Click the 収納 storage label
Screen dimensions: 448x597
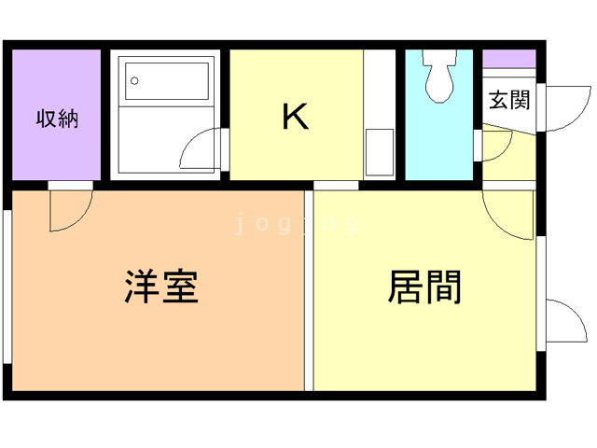pyautogui.click(x=56, y=119)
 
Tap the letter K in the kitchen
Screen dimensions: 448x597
pyautogui.click(x=296, y=117)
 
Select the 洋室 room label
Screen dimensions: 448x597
pyautogui.click(x=161, y=286)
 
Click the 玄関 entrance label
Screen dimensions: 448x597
pyautogui.click(x=508, y=100)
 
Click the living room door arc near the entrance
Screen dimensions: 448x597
pyautogui.click(x=508, y=217)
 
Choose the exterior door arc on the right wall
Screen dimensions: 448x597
pyautogui.click(x=563, y=323)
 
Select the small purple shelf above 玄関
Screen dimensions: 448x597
pyautogui.click(x=508, y=59)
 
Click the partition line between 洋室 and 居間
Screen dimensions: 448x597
pyautogui.click(x=309, y=289)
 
